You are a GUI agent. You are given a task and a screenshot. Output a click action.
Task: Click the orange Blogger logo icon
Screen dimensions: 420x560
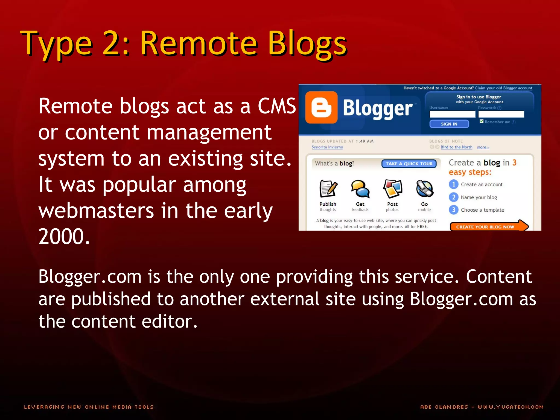click(x=321, y=107)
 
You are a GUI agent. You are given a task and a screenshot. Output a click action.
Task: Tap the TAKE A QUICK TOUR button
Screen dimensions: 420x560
click(x=409, y=164)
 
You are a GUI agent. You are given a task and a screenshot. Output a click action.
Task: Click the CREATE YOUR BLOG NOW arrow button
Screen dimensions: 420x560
click(x=488, y=226)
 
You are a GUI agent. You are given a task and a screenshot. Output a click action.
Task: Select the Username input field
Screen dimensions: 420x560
click(x=452, y=114)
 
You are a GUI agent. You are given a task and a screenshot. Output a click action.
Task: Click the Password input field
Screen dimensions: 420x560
click(x=501, y=114)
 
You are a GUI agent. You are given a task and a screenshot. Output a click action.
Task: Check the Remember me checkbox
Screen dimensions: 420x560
click(x=482, y=121)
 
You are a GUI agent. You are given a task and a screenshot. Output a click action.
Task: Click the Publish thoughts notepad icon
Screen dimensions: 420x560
click(x=328, y=189)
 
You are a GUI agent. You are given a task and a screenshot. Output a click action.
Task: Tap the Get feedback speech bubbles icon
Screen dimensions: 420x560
click(x=360, y=189)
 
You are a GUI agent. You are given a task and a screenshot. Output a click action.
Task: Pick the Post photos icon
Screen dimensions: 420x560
click(x=392, y=189)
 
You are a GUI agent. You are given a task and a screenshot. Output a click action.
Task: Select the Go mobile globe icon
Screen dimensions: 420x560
click(x=424, y=189)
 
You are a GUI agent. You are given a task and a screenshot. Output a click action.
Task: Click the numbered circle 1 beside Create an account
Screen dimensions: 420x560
click(x=454, y=184)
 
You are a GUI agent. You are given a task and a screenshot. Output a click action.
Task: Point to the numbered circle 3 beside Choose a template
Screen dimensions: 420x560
click(x=454, y=210)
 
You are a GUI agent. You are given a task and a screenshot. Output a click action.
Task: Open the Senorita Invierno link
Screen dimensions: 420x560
click(x=327, y=147)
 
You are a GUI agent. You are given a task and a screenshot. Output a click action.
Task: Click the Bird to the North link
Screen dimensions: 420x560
click(x=456, y=147)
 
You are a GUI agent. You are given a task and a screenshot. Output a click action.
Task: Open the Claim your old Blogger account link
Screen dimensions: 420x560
click(x=504, y=88)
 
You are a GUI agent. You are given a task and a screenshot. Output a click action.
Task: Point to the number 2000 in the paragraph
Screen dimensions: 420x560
click(x=64, y=237)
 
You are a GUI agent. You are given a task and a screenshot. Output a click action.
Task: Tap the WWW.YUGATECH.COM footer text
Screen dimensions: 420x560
click(x=511, y=407)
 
